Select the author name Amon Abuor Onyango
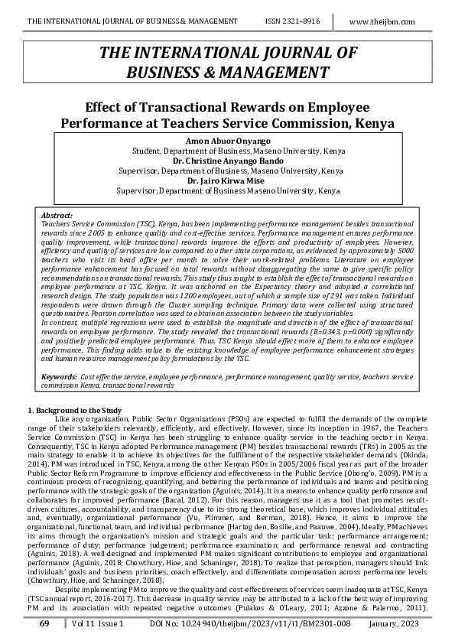(227, 142)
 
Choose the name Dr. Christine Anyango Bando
(227, 161)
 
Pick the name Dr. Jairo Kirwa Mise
(227, 181)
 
